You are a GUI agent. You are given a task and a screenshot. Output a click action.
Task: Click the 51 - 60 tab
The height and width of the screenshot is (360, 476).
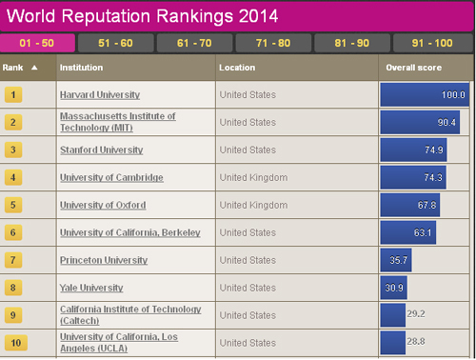pyautogui.click(x=116, y=43)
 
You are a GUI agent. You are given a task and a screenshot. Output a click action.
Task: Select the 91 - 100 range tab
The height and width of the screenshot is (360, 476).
pyautogui.click(x=433, y=43)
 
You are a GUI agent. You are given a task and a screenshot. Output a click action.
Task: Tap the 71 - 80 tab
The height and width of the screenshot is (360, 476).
pyautogui.click(x=273, y=43)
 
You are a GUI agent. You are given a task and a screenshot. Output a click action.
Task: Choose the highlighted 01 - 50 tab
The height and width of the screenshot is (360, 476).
pyautogui.click(x=37, y=43)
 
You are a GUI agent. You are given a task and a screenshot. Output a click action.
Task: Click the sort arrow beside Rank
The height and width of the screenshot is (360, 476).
pyautogui.click(x=34, y=68)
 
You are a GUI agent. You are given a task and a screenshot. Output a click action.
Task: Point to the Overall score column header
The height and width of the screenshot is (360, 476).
pyautogui.click(x=414, y=68)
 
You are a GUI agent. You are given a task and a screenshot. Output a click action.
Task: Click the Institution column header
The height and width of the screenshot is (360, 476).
pyautogui.click(x=81, y=68)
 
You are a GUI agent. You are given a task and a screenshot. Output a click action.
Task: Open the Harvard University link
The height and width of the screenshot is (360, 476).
pyautogui.click(x=100, y=94)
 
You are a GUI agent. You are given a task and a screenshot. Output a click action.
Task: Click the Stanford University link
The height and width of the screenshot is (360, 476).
pyautogui.click(x=102, y=150)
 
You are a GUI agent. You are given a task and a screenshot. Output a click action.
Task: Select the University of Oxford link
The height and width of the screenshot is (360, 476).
pyautogui.click(x=103, y=205)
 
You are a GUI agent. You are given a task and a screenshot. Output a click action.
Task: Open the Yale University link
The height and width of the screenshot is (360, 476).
pyautogui.click(x=91, y=288)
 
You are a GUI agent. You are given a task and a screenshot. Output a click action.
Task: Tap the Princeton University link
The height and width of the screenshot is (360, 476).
pyautogui.click(x=104, y=260)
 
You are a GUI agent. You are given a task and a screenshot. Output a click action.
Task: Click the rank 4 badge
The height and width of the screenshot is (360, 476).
pyautogui.click(x=13, y=177)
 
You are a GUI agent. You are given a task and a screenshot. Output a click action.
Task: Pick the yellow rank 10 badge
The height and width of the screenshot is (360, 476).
pyautogui.click(x=16, y=343)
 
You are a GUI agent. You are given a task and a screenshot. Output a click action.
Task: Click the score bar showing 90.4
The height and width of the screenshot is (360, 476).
pyautogui.click(x=420, y=122)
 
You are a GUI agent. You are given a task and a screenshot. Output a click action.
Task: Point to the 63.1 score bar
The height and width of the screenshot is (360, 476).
pyautogui.click(x=408, y=232)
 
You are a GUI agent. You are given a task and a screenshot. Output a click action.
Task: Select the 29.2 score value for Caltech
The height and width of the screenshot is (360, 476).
pyautogui.click(x=416, y=313)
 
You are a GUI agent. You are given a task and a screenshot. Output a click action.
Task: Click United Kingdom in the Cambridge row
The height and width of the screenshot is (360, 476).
pyautogui.click(x=253, y=177)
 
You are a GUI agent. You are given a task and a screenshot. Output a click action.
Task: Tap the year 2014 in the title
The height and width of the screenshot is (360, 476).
pyautogui.click(x=258, y=16)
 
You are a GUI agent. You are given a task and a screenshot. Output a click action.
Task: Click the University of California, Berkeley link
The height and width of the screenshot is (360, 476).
pyautogui.click(x=130, y=232)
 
